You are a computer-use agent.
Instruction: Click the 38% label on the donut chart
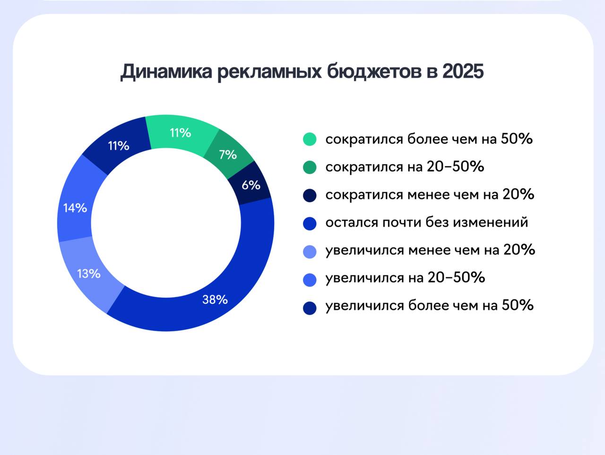tap(215, 300)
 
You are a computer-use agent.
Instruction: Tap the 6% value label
tap(251, 185)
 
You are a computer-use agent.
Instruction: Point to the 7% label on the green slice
tap(228, 155)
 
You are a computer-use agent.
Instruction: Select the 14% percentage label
tap(75, 208)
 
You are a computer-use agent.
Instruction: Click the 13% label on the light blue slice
tap(89, 274)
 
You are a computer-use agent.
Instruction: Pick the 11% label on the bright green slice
tap(181, 133)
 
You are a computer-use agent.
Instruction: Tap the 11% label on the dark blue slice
tap(119, 146)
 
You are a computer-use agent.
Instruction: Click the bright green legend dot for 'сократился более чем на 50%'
tap(310, 139)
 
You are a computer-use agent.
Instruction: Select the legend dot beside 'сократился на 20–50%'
tap(310, 167)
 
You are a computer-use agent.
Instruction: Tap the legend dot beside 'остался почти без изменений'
tap(310, 223)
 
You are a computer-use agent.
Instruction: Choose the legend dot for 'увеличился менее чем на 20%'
tap(310, 251)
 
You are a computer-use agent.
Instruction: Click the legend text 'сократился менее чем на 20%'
tap(430, 195)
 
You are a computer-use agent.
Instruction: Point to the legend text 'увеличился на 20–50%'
tap(405, 278)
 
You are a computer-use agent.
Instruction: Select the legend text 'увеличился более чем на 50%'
tap(430, 306)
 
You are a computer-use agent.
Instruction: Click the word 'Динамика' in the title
tap(166, 71)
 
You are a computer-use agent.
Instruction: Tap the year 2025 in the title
tap(463, 71)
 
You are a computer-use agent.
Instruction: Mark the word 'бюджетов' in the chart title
tap(374, 72)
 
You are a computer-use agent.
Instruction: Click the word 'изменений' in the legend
tap(491, 223)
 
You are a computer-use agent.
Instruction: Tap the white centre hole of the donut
tap(166, 223)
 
